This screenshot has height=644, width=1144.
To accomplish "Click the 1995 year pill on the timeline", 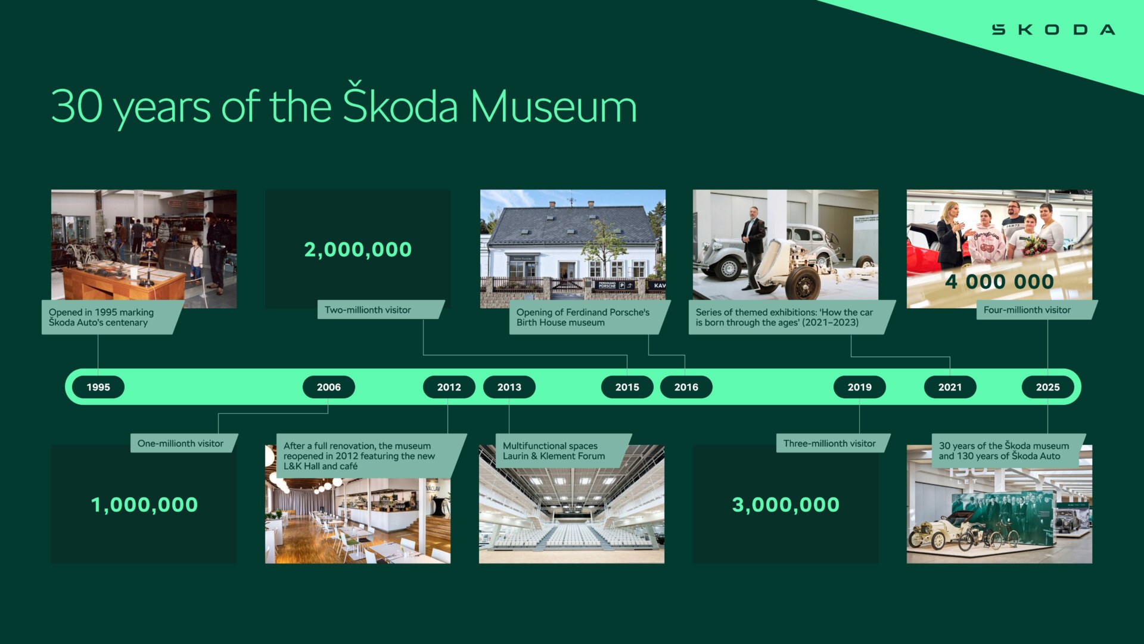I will point(98,387).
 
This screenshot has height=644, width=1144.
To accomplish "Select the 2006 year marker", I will point(329,387).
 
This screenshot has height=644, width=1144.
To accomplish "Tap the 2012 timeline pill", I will point(449,387).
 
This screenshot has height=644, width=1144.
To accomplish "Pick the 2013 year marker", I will point(509,387).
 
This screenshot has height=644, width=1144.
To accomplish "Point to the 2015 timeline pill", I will point(627,387).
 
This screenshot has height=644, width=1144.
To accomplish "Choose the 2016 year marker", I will point(686,387).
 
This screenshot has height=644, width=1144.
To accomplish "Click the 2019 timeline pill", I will point(860,387).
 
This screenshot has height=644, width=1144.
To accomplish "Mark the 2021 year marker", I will point(950,387).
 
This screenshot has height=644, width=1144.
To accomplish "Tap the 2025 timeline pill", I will point(1048,387).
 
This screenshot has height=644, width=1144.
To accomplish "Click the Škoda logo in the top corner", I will point(1053,30).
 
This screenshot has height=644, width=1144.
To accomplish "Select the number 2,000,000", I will point(358,249).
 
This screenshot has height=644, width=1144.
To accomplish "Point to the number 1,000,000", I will point(144,504).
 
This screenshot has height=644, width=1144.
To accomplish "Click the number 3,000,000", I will point(786,504).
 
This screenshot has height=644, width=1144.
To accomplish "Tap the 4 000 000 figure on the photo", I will point(1000,281).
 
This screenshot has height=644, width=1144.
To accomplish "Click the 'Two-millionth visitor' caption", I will point(368,310).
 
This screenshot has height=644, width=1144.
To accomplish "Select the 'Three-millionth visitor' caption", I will point(830,444).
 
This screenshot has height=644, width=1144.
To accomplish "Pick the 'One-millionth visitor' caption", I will point(181,444).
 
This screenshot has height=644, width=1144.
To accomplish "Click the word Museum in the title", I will point(554,107).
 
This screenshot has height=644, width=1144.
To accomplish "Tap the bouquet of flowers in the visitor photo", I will point(1035,244).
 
